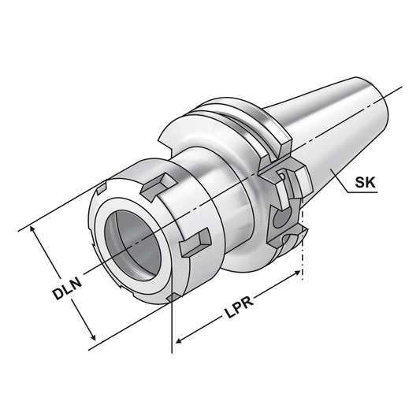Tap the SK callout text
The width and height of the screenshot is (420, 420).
(x=363, y=183)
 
